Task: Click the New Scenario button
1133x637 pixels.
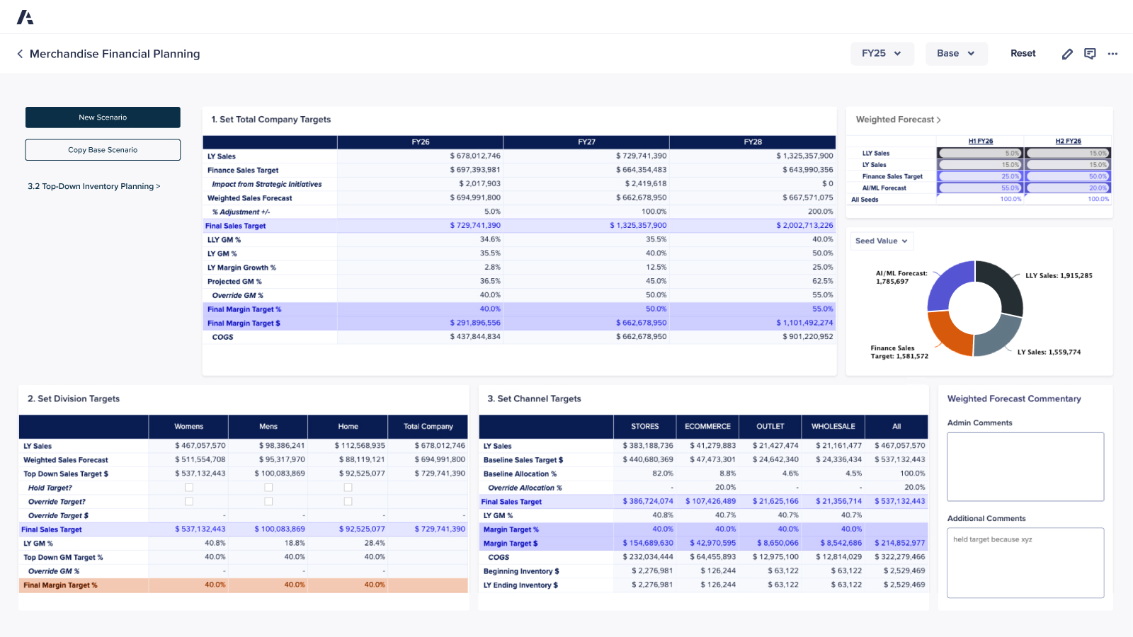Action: point(103,117)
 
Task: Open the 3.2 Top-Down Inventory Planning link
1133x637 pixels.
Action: point(93,186)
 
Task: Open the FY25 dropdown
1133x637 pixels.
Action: point(882,54)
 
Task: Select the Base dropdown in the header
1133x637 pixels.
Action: point(956,54)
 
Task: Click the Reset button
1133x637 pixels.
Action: point(1023,54)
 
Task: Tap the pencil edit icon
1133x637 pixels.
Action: point(1067,54)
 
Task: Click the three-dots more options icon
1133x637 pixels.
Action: point(1112,54)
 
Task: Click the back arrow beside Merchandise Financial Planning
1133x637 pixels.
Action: point(20,54)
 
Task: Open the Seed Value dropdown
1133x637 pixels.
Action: point(882,241)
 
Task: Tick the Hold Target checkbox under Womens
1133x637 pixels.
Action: point(189,488)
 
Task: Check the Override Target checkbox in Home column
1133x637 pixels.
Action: point(348,501)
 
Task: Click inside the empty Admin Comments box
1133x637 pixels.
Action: point(1025,466)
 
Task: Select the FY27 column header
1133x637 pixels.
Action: point(586,142)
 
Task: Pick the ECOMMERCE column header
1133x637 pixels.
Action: point(707,427)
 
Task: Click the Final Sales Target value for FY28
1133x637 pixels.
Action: point(804,226)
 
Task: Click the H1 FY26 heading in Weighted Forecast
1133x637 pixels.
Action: point(981,141)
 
